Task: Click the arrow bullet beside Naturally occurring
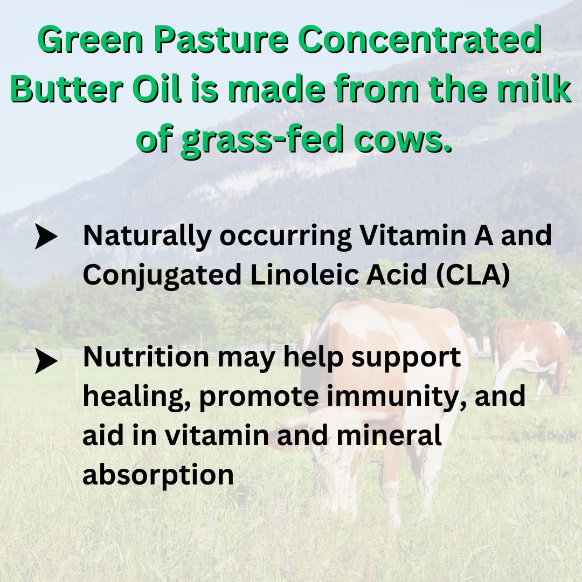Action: [46, 238]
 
